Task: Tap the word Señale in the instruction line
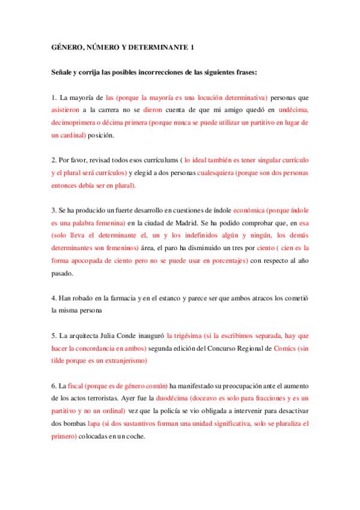click(64, 73)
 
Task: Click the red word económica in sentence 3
click(248, 210)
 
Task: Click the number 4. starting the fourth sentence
click(54, 298)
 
